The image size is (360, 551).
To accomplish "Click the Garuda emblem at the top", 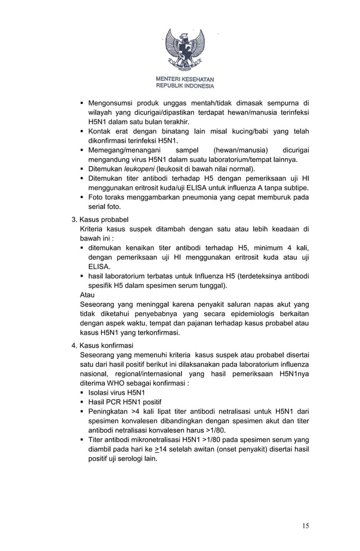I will [x=184, y=51].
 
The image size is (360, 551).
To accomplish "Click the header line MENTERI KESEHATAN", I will [x=185, y=80].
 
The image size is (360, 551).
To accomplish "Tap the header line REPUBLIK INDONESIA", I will [x=185, y=86].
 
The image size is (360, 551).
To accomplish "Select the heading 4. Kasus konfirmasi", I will [x=102, y=345].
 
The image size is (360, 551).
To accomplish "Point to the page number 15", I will [x=305, y=526].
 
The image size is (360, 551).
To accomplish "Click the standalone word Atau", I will [x=87, y=295].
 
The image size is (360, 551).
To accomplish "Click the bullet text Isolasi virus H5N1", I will [x=117, y=392].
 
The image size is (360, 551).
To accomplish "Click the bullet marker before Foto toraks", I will [x=82, y=197].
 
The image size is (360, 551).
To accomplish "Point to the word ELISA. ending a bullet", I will [x=99, y=266].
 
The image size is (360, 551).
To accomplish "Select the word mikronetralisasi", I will [x=155, y=440].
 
